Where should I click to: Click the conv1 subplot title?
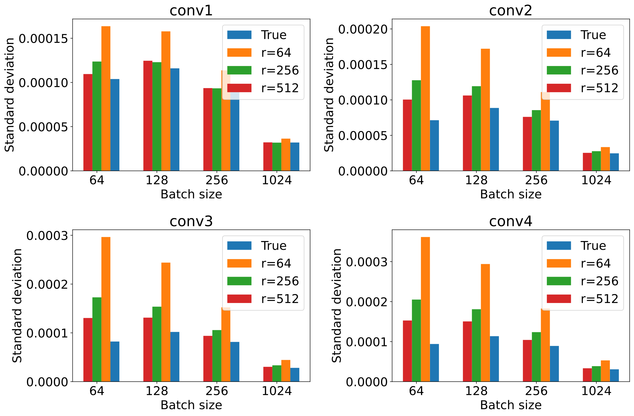pyautogui.click(x=191, y=11)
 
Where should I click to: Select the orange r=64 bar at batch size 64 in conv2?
pyautogui.click(x=425, y=98)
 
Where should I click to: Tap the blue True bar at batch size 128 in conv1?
pyautogui.click(x=175, y=119)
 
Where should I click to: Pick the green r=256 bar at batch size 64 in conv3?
pyautogui.click(x=97, y=339)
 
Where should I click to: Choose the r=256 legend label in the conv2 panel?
pyautogui.click(x=599, y=70)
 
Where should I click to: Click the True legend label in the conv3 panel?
pyautogui.click(x=274, y=246)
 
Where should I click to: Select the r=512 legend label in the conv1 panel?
pyautogui.click(x=280, y=88)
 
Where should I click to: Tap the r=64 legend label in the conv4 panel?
pyautogui.click(x=595, y=263)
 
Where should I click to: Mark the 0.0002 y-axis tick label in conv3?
pyautogui.click(x=47, y=284)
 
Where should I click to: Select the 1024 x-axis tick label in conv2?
pyautogui.click(x=596, y=180)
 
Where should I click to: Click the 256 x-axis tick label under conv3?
pyautogui.click(x=217, y=391)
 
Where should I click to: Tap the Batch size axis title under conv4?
pyautogui.click(x=511, y=405)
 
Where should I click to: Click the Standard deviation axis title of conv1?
pyautogui.click(x=10, y=95)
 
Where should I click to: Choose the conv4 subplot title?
pyautogui.click(x=511, y=222)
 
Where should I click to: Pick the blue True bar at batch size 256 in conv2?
pyautogui.click(x=554, y=145)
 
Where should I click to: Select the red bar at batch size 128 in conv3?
pyautogui.click(x=148, y=349)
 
